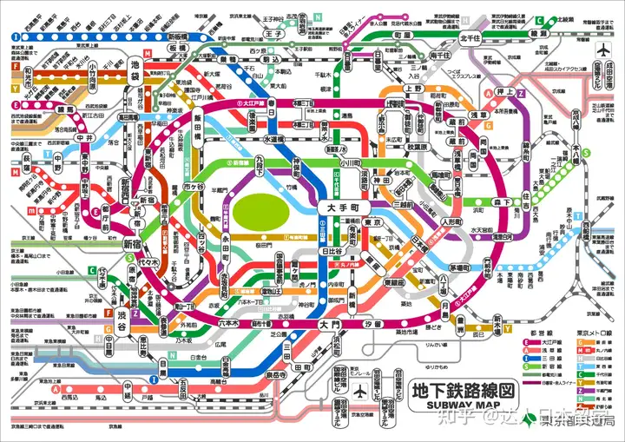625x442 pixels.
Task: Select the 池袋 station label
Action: [135, 69]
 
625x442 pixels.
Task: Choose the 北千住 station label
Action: [470, 37]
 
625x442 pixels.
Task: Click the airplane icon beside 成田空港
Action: [604, 50]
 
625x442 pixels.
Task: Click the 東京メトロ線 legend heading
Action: [594, 333]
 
